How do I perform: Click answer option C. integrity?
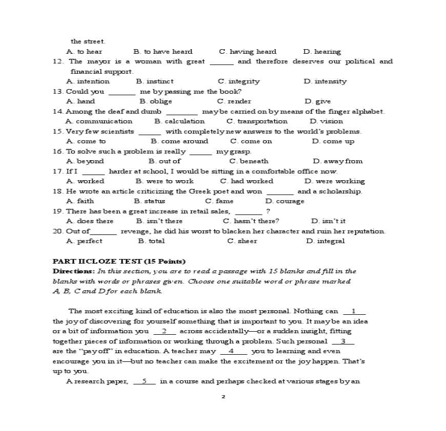[x=238, y=81]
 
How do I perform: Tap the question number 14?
[x=58, y=112]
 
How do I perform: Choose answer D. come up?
[x=333, y=141]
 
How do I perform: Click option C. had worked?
[x=247, y=181]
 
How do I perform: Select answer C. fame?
[x=219, y=201]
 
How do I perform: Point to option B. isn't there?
[x=159, y=221]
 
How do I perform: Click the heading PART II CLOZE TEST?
[x=119, y=261]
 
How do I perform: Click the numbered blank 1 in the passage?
[x=354, y=311]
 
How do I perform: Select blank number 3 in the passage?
[x=343, y=341]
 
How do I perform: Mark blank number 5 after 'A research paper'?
[x=145, y=381]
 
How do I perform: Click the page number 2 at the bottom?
[x=223, y=396]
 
